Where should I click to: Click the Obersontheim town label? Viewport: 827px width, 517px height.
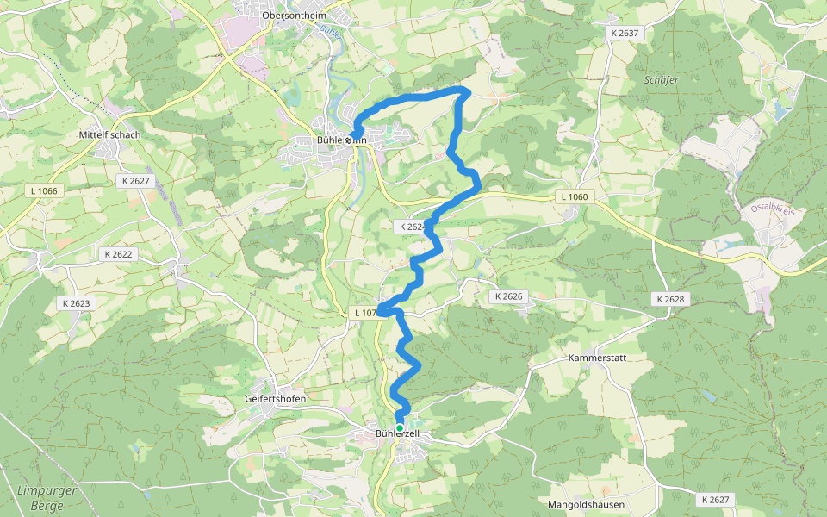(x=294, y=15)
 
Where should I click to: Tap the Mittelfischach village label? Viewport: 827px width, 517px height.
(x=109, y=135)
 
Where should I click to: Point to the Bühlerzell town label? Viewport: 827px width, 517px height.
(x=397, y=433)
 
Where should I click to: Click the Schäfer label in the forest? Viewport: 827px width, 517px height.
(x=662, y=80)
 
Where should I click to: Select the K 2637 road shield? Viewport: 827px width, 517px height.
(x=624, y=33)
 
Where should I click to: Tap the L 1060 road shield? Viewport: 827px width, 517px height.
(x=574, y=197)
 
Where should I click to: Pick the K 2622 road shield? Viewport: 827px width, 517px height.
(x=119, y=254)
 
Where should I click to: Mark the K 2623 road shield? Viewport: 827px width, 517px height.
(x=76, y=303)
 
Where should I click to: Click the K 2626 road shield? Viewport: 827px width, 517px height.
(x=507, y=296)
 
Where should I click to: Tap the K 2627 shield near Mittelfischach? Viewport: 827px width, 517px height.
(x=135, y=181)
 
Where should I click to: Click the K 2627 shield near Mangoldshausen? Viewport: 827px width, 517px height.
(x=714, y=500)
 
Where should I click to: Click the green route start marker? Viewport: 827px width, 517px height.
(x=400, y=427)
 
